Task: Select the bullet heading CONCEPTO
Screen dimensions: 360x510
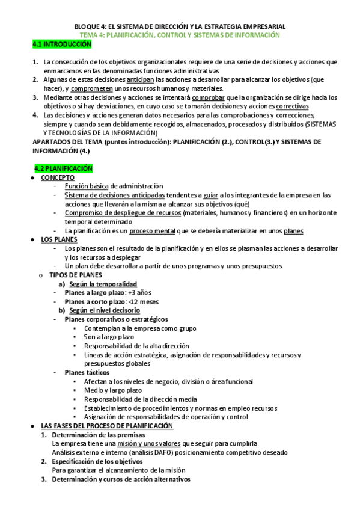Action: tap(58, 178)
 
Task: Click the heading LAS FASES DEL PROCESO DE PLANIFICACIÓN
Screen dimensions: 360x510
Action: tap(107, 426)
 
